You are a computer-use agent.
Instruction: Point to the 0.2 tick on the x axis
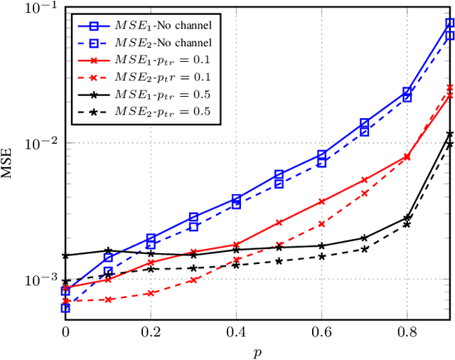[151, 332]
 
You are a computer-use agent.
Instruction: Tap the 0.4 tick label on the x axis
[236, 332]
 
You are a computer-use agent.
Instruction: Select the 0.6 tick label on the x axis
[321, 332]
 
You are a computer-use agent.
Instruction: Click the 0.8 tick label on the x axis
[407, 332]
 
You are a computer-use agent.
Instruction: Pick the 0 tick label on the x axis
[65, 332]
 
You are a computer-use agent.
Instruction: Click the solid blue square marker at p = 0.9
[449, 23]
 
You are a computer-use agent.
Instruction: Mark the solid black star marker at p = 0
[65, 255]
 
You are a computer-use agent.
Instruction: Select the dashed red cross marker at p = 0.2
[151, 293]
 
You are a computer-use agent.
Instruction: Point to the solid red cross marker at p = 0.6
[321, 201]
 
